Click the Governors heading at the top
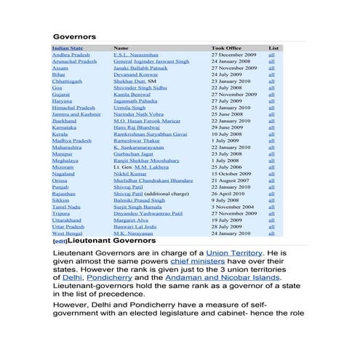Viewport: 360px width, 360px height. click(74, 36)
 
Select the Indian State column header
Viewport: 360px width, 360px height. click(68, 48)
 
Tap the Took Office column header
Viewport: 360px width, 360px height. click(226, 48)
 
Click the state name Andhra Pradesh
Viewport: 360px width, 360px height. click(71, 55)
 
